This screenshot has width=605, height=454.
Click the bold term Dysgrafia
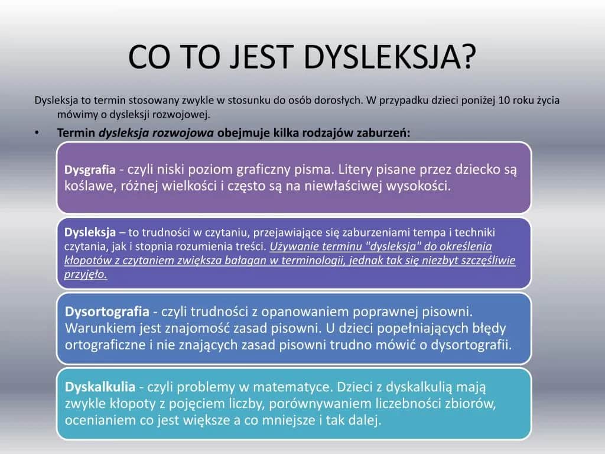(x=90, y=170)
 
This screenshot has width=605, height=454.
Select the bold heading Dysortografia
(x=107, y=311)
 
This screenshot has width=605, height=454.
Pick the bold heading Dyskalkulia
(x=100, y=387)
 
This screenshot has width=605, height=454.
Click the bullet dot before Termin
(x=37, y=132)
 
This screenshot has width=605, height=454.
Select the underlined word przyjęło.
(x=86, y=275)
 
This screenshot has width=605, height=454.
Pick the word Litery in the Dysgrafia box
(x=357, y=170)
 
